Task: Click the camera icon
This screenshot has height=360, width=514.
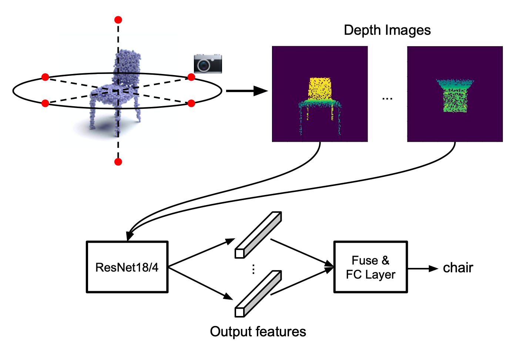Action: pos(208,64)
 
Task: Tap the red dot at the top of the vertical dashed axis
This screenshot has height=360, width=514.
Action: pos(118,20)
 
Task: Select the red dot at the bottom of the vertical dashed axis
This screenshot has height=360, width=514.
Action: pos(118,162)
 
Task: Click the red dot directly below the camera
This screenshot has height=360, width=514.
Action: pos(191,77)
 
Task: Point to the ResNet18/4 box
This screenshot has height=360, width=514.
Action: pos(127,267)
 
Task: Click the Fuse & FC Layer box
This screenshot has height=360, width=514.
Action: pos(370,267)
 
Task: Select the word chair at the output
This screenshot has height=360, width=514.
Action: pos(458,268)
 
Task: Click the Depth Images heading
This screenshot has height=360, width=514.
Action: pos(387,30)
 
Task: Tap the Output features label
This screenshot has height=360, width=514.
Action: pos(258,332)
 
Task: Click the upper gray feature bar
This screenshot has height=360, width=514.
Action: pos(258,235)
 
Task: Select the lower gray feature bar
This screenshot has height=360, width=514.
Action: pos(258,294)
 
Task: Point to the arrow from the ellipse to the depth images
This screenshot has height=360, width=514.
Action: pos(246,91)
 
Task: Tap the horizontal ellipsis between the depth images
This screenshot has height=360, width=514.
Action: pos(387,99)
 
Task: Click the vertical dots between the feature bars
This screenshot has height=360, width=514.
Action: pos(253,269)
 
